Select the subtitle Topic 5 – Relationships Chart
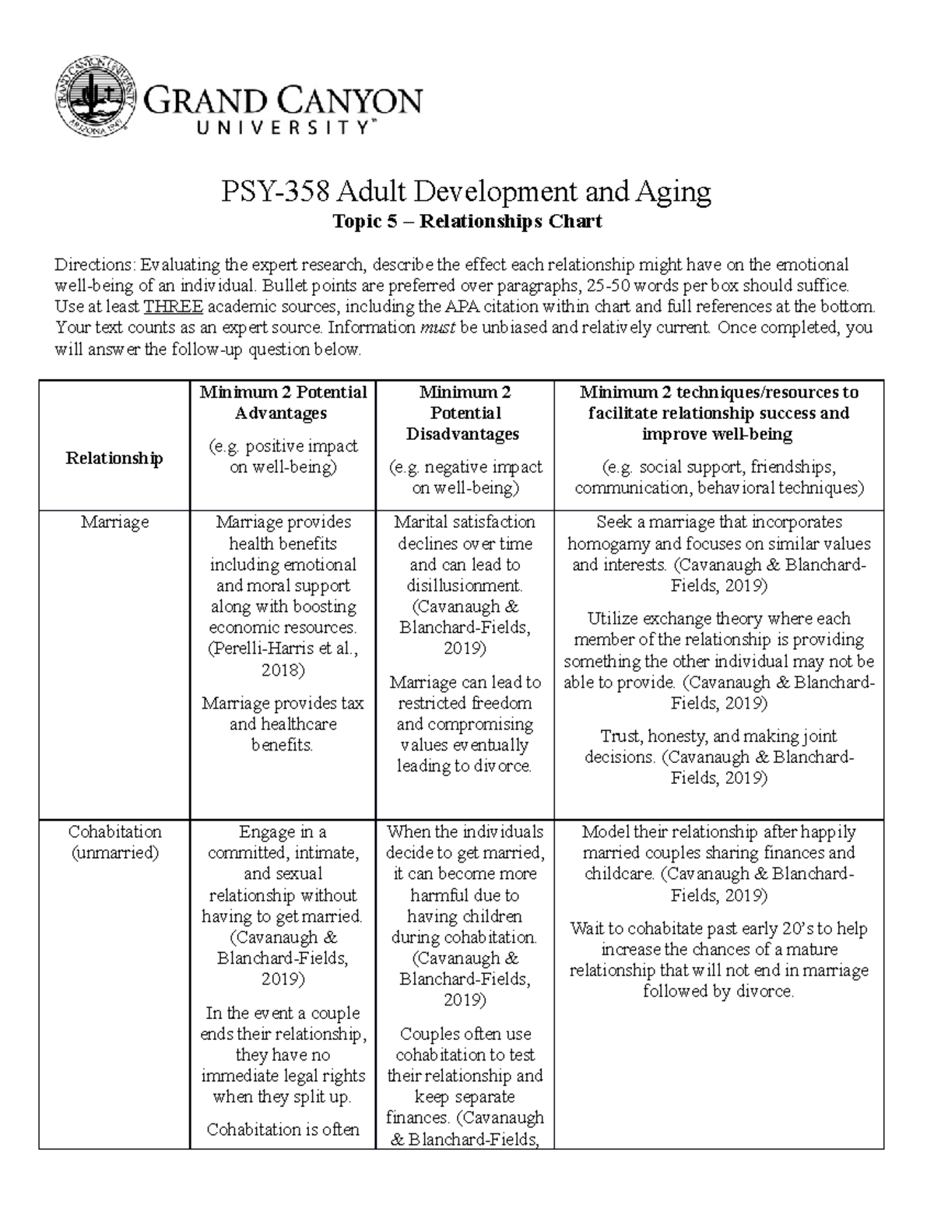pyautogui.click(x=467, y=222)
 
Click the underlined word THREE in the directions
pyautogui.click(x=174, y=306)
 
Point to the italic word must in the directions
pyautogui.click(x=437, y=327)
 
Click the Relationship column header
pyautogui.click(x=114, y=458)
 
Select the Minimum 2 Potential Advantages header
pyautogui.click(x=283, y=402)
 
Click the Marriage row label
pyautogui.click(x=114, y=522)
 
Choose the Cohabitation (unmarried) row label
pyautogui.click(x=114, y=842)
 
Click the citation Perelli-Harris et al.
pyautogui.click(x=282, y=648)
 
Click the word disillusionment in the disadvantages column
pyautogui.click(x=464, y=585)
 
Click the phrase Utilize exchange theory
pyautogui.click(x=675, y=619)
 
